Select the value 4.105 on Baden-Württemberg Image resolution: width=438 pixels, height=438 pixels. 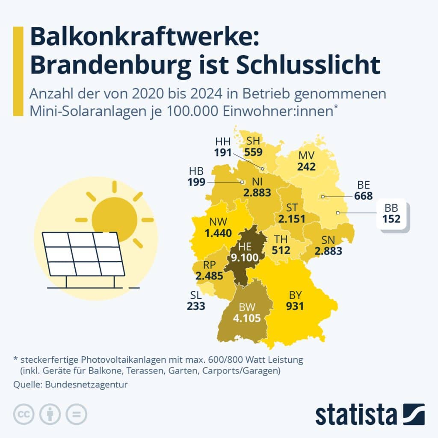pyautogui.click(x=244, y=318)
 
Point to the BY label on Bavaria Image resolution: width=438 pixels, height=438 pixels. pyautogui.click(x=296, y=295)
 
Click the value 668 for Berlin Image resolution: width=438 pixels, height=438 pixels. pyautogui.click(x=363, y=196)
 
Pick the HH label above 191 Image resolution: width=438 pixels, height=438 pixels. pyautogui.click(x=223, y=142)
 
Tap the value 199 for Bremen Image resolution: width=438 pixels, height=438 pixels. pyautogui.click(x=196, y=181)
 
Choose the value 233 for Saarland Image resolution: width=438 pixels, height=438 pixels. pyautogui.click(x=196, y=306)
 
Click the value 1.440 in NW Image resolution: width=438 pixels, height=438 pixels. pyautogui.click(x=218, y=233)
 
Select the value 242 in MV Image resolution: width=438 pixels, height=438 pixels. pyautogui.click(x=306, y=166)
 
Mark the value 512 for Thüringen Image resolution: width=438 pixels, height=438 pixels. pyautogui.click(x=281, y=250)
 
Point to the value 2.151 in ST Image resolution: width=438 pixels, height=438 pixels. pyautogui.click(x=292, y=219)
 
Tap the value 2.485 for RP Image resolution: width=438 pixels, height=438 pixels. pyautogui.click(x=209, y=276)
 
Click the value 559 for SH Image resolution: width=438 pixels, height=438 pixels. pyautogui.click(x=253, y=151)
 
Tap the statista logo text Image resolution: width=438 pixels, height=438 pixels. pyautogui.click(x=356, y=415)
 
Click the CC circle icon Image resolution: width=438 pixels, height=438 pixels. pyautogui.click(x=24, y=414)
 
